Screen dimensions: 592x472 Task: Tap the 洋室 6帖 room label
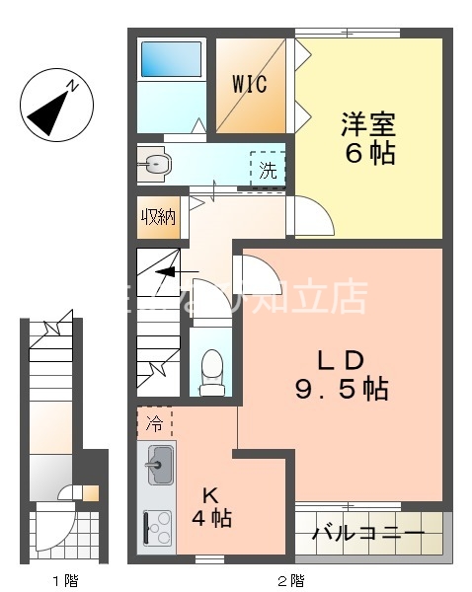tap(368, 139)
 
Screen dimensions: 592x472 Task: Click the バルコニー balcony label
tap(368, 534)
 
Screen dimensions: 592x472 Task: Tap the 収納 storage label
tap(158, 217)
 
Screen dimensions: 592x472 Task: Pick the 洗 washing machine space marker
tap(268, 169)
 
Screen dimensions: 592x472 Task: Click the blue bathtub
tap(171, 60)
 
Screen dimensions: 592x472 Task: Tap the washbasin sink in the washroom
tap(154, 165)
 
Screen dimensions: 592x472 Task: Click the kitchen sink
tap(160, 465)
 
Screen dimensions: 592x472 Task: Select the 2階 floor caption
tap(289, 579)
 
